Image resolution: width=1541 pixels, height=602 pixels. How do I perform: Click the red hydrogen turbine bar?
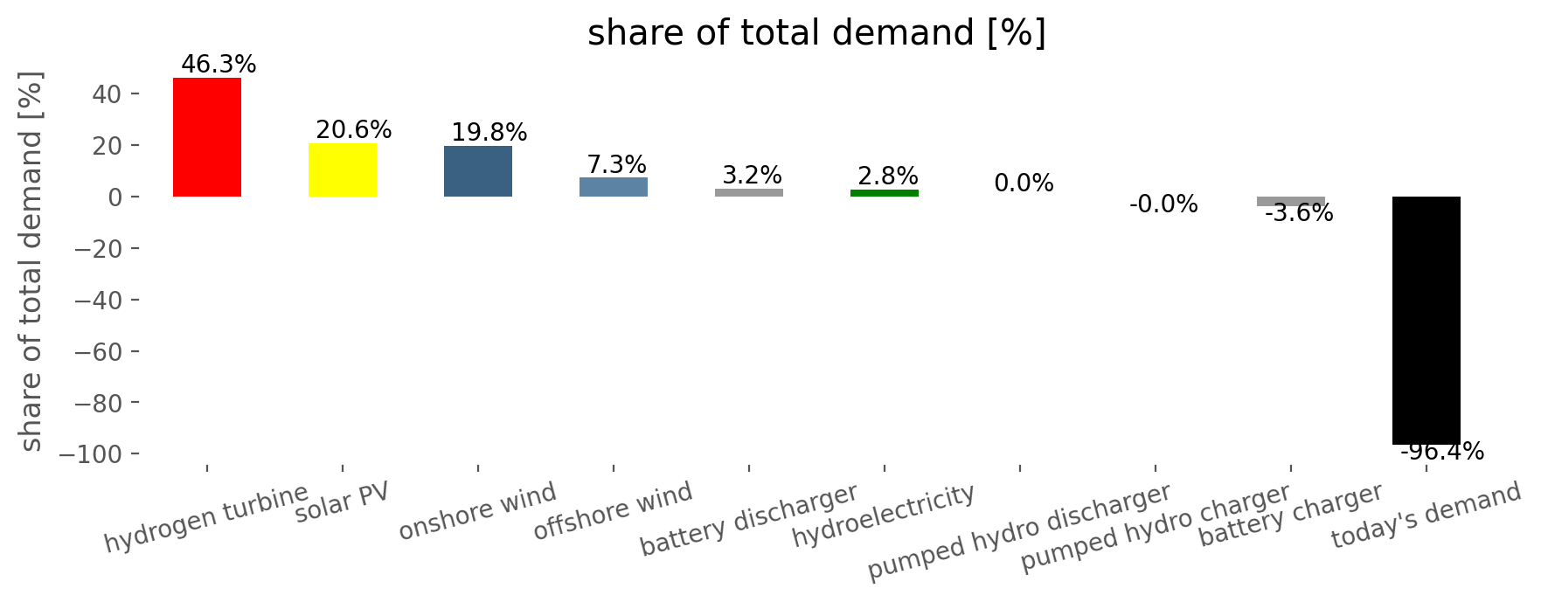click(x=207, y=137)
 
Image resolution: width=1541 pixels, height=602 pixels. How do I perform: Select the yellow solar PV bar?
click(x=343, y=170)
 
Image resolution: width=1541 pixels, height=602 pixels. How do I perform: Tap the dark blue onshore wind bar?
click(x=478, y=171)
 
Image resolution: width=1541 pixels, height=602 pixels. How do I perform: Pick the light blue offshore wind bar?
click(x=614, y=187)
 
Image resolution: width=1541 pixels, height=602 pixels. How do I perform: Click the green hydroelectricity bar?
click(x=885, y=193)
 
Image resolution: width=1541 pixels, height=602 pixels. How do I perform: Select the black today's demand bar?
click(x=1426, y=321)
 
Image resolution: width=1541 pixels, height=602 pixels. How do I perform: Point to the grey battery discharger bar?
click(x=749, y=192)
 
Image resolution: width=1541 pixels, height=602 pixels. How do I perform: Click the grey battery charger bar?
click(x=1291, y=201)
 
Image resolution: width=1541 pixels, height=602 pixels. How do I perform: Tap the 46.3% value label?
click(x=219, y=65)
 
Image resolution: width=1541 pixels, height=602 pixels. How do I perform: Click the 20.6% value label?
click(x=354, y=130)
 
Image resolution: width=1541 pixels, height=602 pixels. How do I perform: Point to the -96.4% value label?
click(x=1442, y=452)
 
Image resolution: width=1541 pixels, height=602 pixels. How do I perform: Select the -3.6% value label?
click(x=1299, y=213)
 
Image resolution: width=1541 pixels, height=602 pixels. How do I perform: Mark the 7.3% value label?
click(x=617, y=164)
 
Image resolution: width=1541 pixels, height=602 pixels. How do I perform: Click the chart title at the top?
click(x=816, y=33)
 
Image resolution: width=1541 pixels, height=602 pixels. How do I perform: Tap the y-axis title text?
click(x=31, y=261)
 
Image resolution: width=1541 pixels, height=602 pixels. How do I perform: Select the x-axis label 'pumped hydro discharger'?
click(x=1019, y=531)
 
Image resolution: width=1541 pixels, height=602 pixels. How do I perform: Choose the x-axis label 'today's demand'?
click(x=1426, y=516)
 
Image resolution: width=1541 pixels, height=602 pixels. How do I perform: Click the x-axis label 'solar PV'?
click(x=342, y=502)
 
